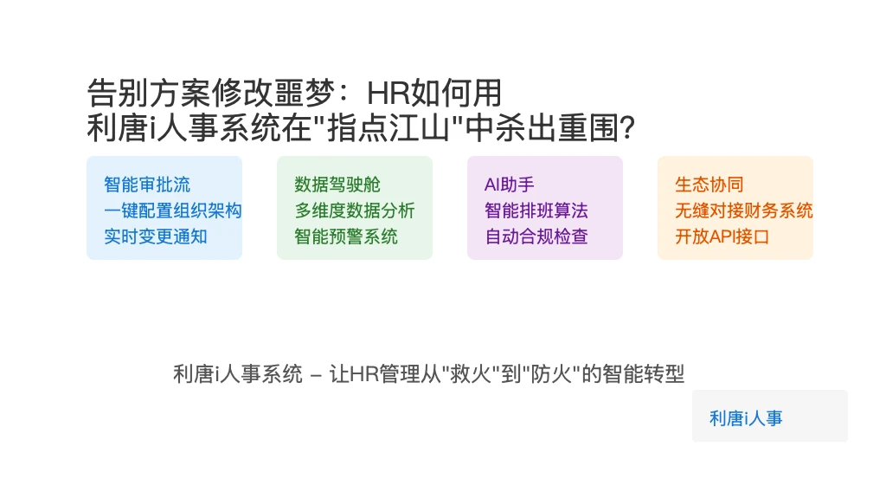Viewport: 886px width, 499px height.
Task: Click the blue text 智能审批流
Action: pos(147,185)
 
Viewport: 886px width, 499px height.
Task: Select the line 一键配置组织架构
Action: pos(173,211)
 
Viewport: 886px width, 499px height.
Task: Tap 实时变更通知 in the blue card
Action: pos(156,237)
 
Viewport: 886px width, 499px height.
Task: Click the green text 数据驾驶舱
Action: pos(337,185)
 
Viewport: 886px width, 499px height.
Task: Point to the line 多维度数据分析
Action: pos(354,211)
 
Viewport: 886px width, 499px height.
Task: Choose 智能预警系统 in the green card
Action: pos(346,237)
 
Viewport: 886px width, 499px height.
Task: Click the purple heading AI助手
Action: pos(509,185)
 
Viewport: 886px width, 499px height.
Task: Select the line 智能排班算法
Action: pos(536,211)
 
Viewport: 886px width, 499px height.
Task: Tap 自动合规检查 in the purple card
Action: pos(536,237)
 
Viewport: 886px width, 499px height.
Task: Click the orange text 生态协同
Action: pos(709,185)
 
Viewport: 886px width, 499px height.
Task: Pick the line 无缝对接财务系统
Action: pos(743,211)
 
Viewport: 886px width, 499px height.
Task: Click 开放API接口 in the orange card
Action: pos(722,237)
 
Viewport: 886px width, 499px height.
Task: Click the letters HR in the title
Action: pos(388,94)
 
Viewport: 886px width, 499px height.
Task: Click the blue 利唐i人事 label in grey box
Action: pos(746,418)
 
